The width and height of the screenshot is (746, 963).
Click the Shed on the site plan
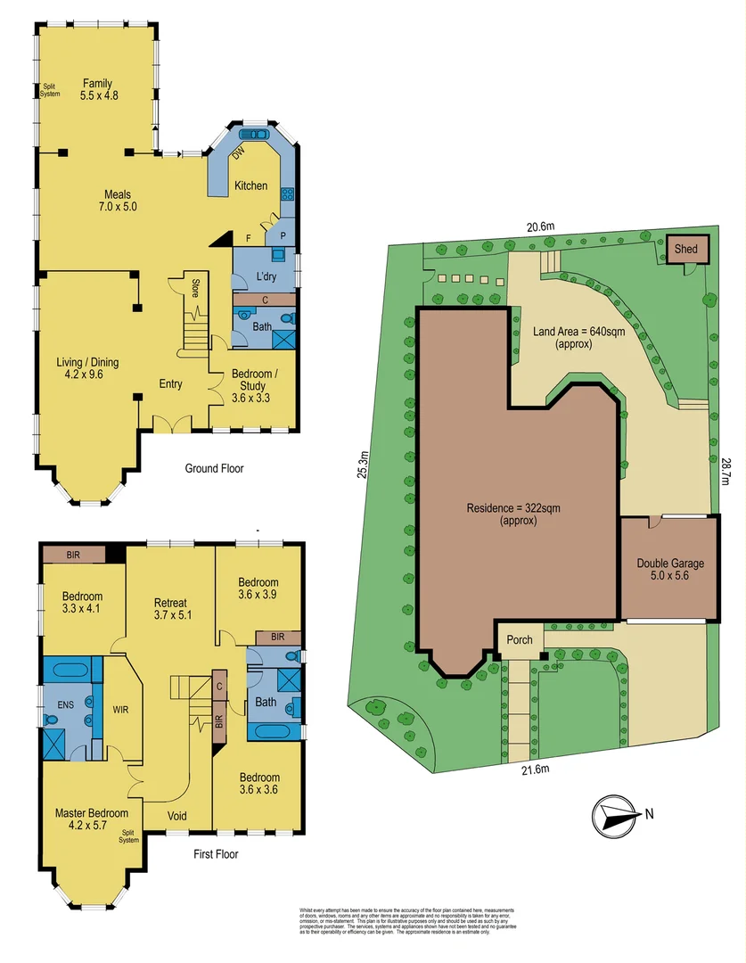tap(685, 249)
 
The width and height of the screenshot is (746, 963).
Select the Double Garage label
tap(669, 569)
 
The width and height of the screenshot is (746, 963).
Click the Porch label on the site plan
tap(520, 639)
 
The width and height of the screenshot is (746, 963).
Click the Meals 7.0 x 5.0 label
tap(118, 201)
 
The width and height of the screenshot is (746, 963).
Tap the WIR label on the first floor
tap(121, 711)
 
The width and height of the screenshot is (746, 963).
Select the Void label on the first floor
tap(177, 816)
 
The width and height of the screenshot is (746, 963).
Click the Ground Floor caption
tap(214, 468)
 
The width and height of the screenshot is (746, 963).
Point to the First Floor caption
tap(216, 853)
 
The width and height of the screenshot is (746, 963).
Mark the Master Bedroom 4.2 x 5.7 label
tap(92, 819)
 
